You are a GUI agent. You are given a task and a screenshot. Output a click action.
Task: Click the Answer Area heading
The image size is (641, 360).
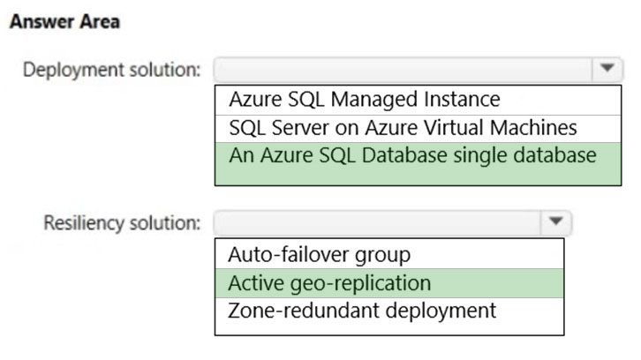tap(65, 22)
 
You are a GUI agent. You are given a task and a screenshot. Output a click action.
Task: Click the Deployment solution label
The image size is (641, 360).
tap(112, 70)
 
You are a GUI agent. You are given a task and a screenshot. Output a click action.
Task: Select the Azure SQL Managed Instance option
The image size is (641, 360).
tap(365, 100)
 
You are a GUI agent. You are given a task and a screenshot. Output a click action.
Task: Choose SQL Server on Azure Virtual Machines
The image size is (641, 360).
tap(403, 127)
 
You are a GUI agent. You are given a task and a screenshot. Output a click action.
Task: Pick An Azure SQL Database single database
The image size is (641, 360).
tap(412, 155)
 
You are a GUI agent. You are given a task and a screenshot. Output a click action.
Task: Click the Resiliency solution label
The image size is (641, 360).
tap(122, 223)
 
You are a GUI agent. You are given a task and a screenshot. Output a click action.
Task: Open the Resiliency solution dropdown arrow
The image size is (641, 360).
tap(555, 221)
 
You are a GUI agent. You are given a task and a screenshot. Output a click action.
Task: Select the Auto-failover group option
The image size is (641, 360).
tap(320, 255)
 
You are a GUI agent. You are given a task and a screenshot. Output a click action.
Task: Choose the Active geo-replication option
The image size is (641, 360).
tap(329, 283)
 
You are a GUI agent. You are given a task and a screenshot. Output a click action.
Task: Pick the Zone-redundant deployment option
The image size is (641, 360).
tap(362, 311)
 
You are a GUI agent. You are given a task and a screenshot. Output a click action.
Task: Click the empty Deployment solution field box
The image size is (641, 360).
tap(403, 70)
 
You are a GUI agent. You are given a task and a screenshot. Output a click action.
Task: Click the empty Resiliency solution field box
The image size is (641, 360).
tap(377, 222)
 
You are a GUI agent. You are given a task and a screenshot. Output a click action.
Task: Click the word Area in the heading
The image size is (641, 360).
tap(100, 22)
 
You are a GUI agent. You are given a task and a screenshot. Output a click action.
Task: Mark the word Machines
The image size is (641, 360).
tap(533, 127)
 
